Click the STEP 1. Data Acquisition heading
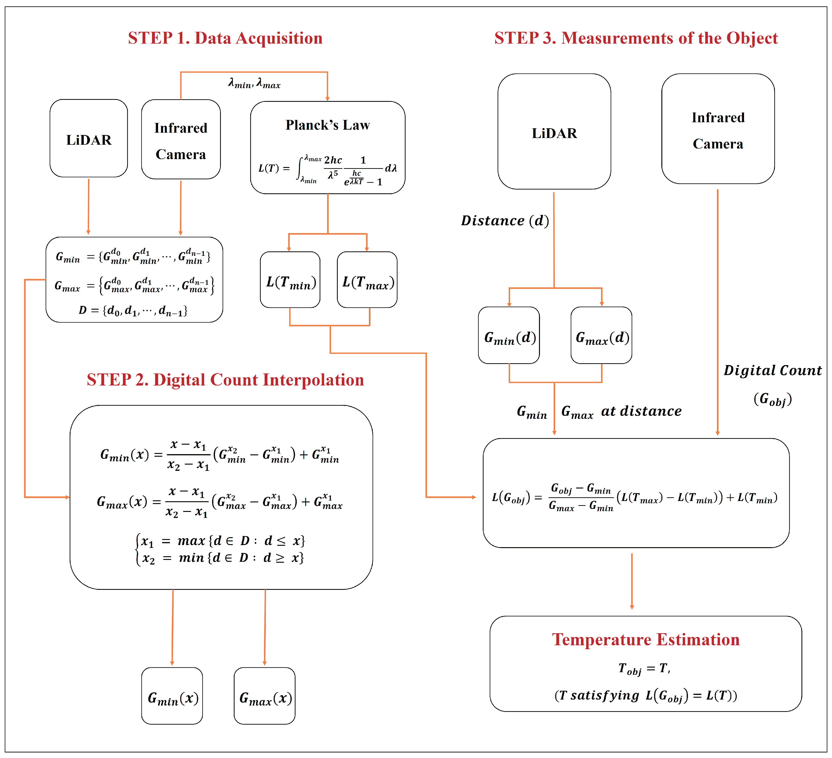tap(225, 38)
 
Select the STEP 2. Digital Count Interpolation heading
tap(225, 380)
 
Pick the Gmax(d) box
tap(601, 336)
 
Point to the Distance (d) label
tap(505, 221)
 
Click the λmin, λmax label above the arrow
tap(254, 84)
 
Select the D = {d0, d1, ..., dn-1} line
tap(133, 310)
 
